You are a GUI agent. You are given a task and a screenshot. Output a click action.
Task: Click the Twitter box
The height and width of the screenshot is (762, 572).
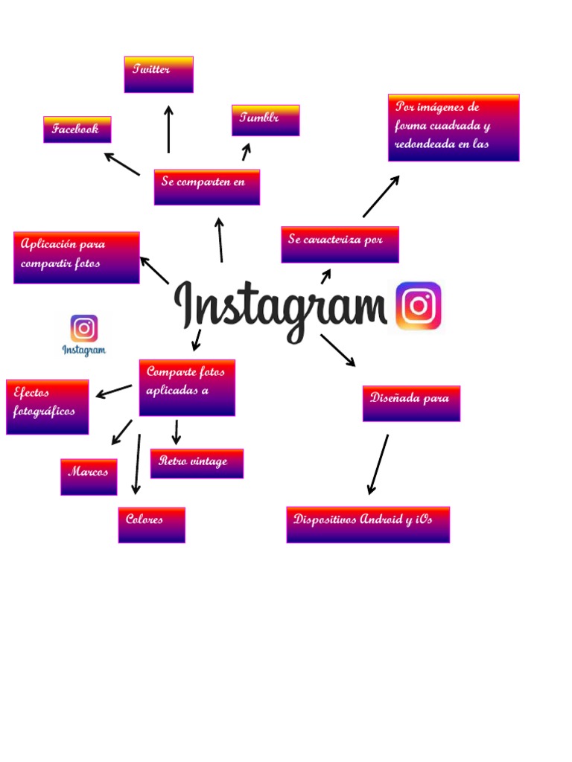[159, 74]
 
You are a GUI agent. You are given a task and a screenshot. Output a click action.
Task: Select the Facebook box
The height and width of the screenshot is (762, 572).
[77, 129]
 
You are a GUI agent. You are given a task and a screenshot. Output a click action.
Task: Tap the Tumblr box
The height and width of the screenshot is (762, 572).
[265, 121]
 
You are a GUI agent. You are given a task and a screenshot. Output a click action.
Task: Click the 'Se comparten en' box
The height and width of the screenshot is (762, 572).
[207, 187]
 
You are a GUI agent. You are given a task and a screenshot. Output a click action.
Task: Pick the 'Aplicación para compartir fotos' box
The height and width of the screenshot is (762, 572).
[77, 257]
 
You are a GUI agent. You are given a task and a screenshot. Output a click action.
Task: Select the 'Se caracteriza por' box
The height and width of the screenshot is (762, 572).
[340, 245]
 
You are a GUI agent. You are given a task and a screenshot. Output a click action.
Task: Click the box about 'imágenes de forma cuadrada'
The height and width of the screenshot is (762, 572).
[454, 128]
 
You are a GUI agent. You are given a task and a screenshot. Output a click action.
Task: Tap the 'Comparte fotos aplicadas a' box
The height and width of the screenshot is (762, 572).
[187, 388]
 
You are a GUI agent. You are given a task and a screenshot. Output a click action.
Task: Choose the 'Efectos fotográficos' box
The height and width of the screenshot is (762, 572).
[48, 407]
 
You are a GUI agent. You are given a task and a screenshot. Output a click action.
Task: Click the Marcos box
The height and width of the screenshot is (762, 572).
[89, 477]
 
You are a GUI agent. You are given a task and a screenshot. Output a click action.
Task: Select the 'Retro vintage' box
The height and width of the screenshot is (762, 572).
[197, 464]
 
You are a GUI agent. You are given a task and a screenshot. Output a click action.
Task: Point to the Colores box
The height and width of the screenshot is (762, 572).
[151, 525]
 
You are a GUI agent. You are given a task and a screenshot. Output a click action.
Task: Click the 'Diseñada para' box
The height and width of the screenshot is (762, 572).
[411, 403]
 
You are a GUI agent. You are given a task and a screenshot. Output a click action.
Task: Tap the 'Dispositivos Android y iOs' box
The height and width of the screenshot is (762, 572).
[368, 525]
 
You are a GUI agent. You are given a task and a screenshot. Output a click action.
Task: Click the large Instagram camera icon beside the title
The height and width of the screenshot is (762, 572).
[419, 306]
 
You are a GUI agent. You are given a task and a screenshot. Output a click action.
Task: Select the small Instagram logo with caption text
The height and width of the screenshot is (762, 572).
[84, 336]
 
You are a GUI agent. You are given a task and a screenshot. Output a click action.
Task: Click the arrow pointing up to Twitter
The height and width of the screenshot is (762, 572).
[169, 129]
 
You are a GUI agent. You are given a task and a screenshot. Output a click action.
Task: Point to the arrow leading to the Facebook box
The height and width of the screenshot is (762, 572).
[122, 164]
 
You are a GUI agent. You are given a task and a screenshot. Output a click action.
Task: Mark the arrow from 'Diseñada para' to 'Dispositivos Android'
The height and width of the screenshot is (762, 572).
[378, 464]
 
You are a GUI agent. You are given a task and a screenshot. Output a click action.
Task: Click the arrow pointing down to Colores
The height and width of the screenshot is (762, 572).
[137, 464]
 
